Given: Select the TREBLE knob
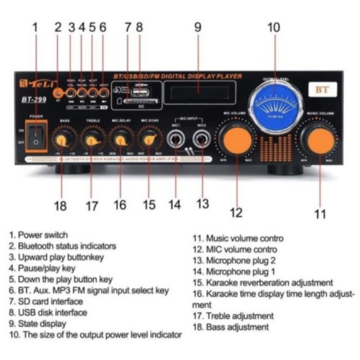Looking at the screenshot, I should click(93, 140).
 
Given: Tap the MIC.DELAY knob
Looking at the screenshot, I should click(121, 139).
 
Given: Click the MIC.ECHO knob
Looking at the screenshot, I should click(149, 139).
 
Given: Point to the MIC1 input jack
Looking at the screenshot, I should click(175, 139).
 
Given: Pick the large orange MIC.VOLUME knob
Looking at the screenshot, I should click(237, 140).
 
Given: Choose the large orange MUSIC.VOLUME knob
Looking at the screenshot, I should click(321, 140).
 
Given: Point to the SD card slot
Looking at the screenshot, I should click(140, 102).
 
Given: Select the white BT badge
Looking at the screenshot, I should click(322, 90).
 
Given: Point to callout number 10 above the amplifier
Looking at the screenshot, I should click(273, 28).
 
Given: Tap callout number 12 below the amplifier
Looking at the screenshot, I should click(236, 212).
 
